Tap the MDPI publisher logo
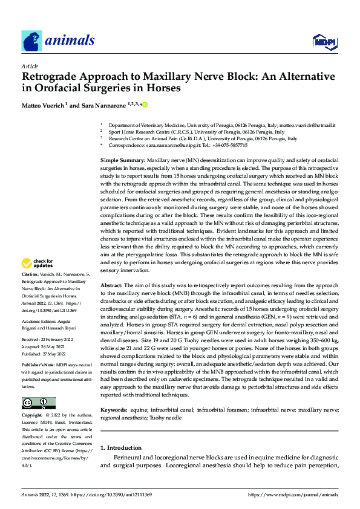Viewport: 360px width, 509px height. [x=324, y=41]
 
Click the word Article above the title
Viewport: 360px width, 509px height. [x=30, y=66]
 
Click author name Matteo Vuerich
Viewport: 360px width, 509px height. [x=46, y=105]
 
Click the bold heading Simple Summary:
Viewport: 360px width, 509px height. [x=122, y=158]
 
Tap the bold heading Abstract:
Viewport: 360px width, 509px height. [x=113, y=285]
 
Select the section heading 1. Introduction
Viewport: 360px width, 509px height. [x=120, y=448]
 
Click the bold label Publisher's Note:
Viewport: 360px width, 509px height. [x=39, y=366]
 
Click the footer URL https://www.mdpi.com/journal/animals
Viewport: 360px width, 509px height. [x=293, y=494]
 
